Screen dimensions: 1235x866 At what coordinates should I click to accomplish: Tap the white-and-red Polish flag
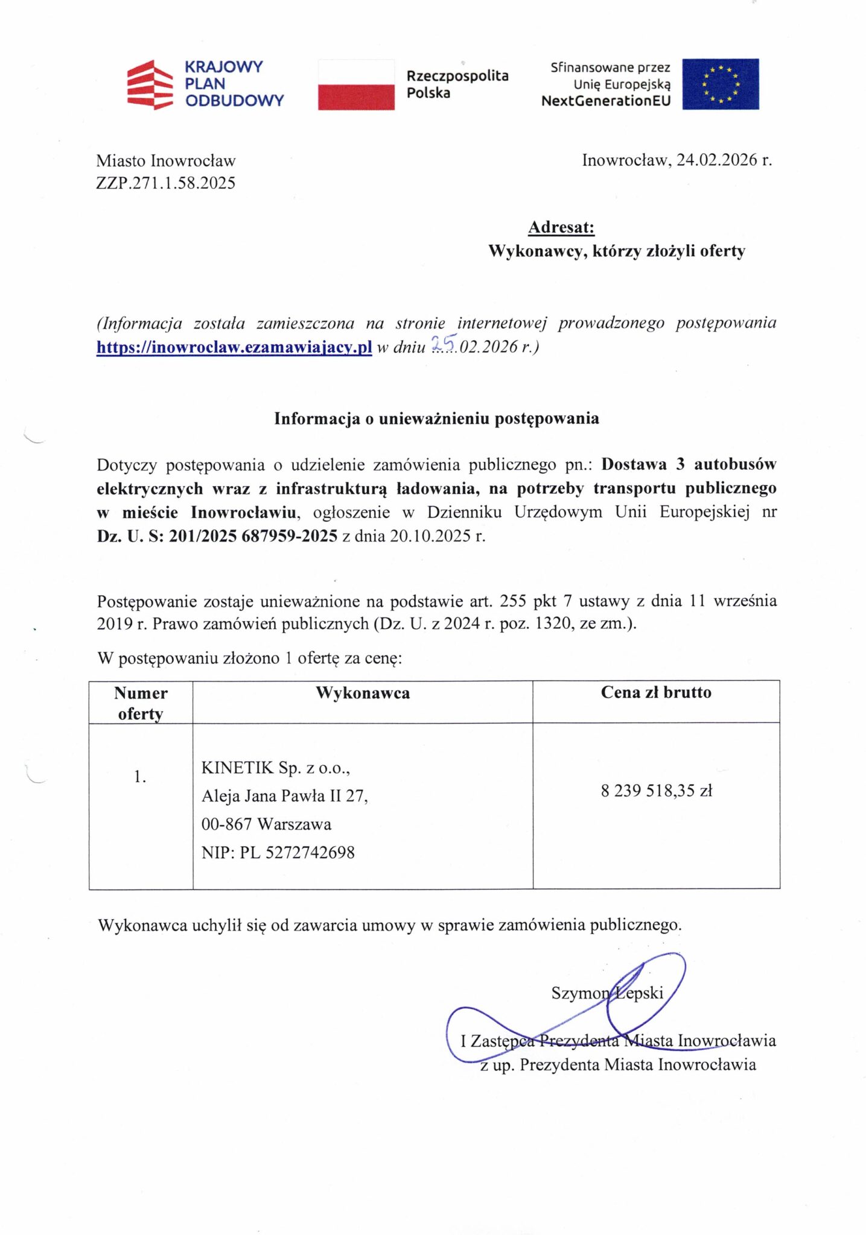tap(356, 84)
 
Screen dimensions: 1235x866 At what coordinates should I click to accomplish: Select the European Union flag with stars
tap(720, 84)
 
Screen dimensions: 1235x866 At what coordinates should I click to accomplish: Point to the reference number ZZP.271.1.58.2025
tap(166, 183)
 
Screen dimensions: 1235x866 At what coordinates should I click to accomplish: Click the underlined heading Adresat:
tap(561, 227)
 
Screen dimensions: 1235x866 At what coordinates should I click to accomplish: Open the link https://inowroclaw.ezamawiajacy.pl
tap(234, 347)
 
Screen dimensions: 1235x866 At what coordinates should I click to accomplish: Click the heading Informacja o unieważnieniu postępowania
tap(436, 419)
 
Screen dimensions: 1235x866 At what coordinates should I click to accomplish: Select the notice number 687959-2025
tap(289, 535)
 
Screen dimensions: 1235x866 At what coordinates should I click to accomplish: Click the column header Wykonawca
tap(363, 693)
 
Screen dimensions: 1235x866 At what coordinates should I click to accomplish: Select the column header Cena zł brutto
tap(656, 692)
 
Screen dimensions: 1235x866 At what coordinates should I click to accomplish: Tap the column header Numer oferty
tap(141, 703)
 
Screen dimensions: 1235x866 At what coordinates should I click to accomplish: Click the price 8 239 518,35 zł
tap(657, 791)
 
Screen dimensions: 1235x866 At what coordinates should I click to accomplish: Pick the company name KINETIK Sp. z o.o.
tap(276, 768)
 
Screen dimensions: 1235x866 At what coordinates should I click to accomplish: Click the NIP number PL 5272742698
tap(298, 853)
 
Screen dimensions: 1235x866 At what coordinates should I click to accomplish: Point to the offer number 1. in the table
tap(140, 777)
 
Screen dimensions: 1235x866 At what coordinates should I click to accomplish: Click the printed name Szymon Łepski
tap(607, 993)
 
